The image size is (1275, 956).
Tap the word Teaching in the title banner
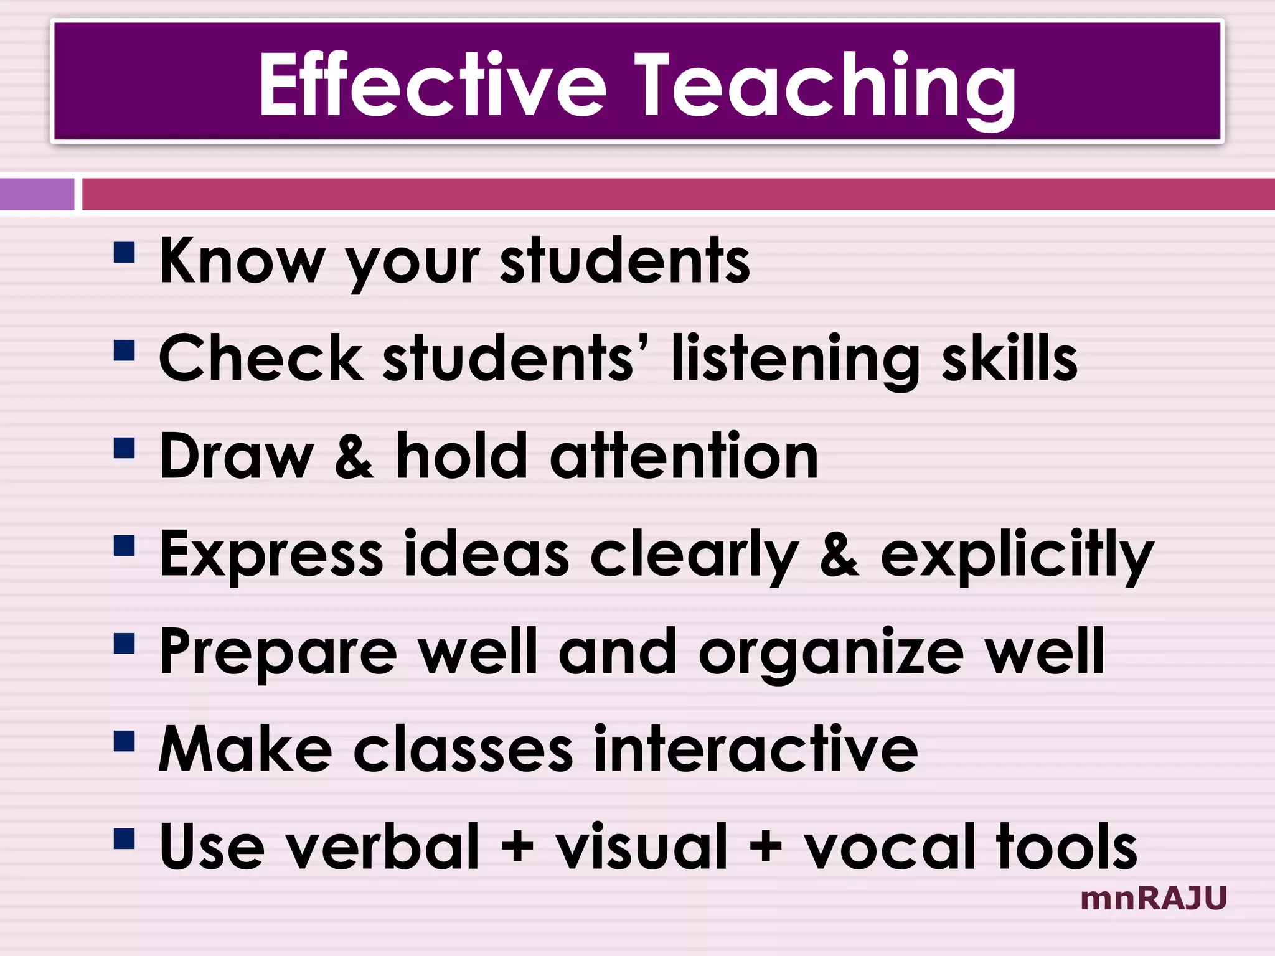pos(825,87)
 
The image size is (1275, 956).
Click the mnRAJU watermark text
pos(1154,899)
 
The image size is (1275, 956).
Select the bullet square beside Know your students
pos(125,253)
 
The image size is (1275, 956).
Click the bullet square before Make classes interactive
pos(125,741)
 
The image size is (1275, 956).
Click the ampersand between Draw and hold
pos(354,457)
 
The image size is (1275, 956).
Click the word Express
pos(271,555)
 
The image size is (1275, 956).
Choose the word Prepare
pos(278,653)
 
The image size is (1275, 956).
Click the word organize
pos(831,654)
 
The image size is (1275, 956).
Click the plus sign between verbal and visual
pos(517,847)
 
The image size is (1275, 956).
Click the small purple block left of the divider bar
pos(37,194)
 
